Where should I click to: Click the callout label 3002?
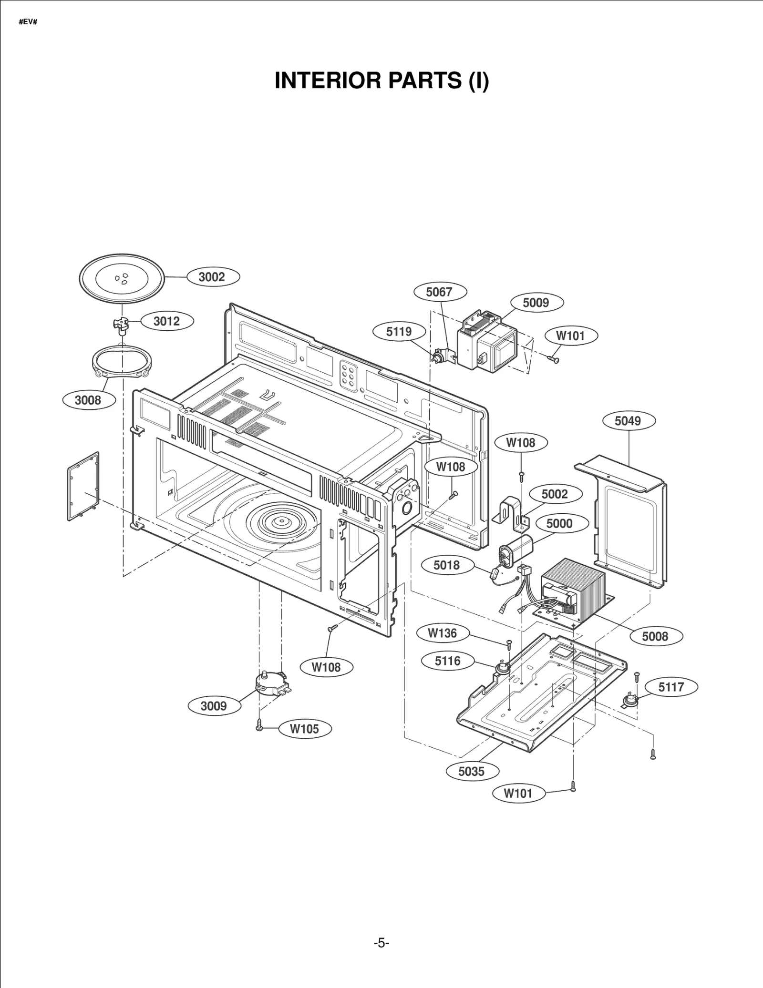click(x=212, y=277)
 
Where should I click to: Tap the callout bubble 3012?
click(x=167, y=321)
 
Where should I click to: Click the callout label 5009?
click(x=536, y=303)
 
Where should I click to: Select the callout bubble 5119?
click(x=399, y=331)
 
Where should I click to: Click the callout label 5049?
click(x=628, y=421)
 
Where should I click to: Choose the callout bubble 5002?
click(x=555, y=494)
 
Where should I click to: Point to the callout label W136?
click(x=443, y=633)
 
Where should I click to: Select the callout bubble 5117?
click(x=671, y=687)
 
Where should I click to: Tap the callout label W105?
click(x=305, y=729)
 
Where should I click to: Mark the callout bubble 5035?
click(x=472, y=771)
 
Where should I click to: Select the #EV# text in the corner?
click(x=28, y=22)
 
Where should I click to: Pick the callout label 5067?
click(x=439, y=292)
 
